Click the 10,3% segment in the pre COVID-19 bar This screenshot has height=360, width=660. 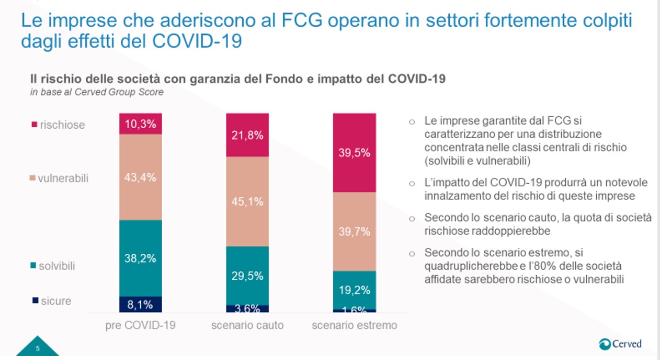141,124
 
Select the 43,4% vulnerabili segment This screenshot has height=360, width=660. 141,177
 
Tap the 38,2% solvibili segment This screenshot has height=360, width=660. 141,258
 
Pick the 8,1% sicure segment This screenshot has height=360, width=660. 141,304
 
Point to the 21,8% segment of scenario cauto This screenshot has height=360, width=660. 247,135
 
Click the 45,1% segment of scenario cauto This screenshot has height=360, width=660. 247,201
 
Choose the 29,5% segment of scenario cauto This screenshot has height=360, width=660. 247,276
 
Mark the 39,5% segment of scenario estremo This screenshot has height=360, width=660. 354,153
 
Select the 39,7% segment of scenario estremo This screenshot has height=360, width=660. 354,231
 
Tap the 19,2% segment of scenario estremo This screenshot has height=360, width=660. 354,289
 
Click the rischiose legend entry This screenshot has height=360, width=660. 58,125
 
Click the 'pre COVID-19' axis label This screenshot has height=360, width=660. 141,325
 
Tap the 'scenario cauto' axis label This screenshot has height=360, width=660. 247,325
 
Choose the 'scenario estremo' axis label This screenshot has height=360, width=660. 354,325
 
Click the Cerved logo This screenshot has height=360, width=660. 620,344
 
